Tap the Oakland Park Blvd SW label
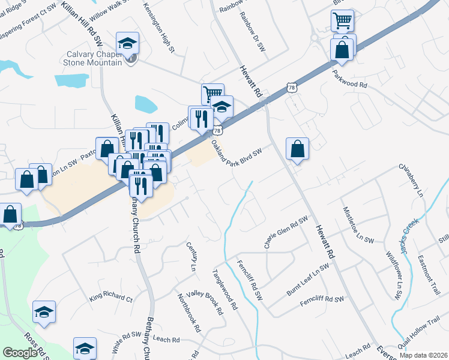[237, 153]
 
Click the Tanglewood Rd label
[225, 289]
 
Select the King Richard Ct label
[111, 298]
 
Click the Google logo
[20, 353]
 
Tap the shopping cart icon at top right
[342, 21]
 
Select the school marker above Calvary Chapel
[127, 43]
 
